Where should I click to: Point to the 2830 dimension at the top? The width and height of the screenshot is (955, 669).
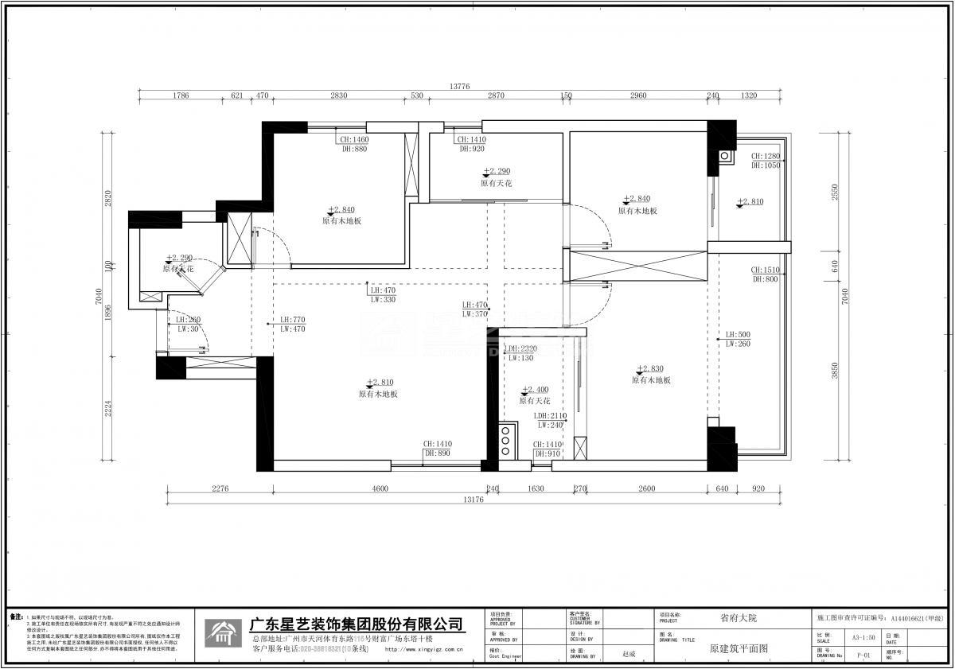click(x=338, y=95)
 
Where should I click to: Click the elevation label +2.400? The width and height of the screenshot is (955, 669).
click(x=535, y=391)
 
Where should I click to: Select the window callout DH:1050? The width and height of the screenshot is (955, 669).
click(x=765, y=165)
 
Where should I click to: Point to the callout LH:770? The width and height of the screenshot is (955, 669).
click(x=292, y=320)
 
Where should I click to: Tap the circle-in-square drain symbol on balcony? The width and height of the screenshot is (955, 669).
click(x=725, y=156)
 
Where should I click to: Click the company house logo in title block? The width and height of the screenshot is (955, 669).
click(x=222, y=632)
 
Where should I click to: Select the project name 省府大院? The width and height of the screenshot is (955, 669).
click(x=739, y=617)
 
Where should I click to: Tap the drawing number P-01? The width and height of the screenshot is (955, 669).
click(x=863, y=655)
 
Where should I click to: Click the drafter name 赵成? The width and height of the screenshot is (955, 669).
click(x=630, y=653)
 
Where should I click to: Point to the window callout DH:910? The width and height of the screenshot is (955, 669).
click(x=548, y=453)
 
